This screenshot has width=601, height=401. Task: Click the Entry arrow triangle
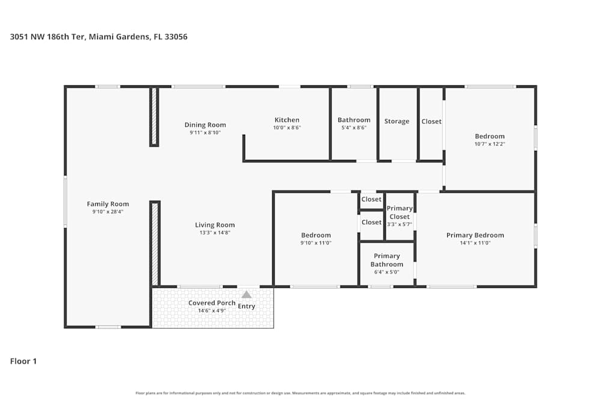point(246,295)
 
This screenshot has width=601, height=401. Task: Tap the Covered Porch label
point(212,303)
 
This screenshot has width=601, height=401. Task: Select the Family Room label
point(108,204)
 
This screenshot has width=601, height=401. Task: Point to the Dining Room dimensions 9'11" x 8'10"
point(205,132)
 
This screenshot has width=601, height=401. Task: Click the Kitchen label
point(287,120)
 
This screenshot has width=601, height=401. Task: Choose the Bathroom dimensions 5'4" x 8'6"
point(354,127)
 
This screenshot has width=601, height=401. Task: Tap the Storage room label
point(397,121)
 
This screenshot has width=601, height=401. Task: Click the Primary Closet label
point(400,212)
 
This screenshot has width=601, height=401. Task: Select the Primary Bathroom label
point(386,260)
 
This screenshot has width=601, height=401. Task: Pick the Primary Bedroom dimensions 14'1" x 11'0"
point(475,243)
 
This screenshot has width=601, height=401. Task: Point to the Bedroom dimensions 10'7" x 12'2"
point(490,144)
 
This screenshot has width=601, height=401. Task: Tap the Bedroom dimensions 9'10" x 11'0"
point(316,243)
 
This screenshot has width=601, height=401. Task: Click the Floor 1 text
point(23,361)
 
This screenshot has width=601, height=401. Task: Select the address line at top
point(99,37)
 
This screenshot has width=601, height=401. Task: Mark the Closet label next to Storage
point(431,121)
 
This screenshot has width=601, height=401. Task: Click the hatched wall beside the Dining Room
point(154,117)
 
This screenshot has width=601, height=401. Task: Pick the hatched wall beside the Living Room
point(154,243)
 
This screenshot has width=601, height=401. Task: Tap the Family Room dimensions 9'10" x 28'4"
point(108,212)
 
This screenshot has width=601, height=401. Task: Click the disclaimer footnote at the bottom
point(300,393)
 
